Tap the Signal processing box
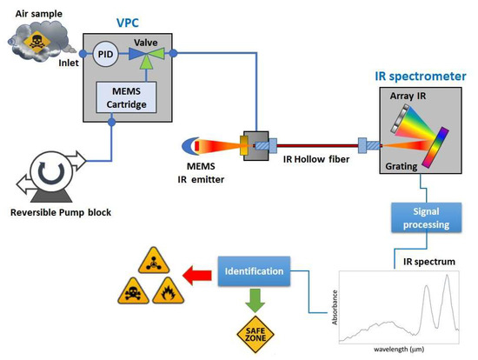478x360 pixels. point(420,218)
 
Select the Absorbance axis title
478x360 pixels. point(334,306)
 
